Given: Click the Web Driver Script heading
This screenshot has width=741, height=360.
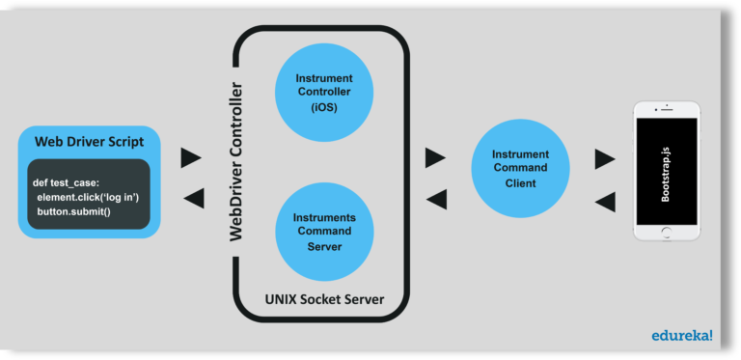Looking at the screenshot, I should [x=89, y=141].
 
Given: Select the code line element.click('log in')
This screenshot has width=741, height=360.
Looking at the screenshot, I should [x=88, y=197].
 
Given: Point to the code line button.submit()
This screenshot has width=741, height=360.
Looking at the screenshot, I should [x=74, y=210].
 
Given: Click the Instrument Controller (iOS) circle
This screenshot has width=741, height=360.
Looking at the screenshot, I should [x=323, y=92].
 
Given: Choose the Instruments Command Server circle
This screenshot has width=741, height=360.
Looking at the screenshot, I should [x=323, y=231].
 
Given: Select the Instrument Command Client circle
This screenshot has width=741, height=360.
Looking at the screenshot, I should [x=520, y=169].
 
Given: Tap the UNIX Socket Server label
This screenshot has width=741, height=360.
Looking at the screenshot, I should [x=324, y=300].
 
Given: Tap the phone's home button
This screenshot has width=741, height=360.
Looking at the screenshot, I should [x=666, y=232].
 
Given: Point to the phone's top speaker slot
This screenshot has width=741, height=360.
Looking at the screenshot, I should [x=666, y=110].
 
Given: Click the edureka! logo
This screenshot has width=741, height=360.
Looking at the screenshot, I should [x=681, y=336].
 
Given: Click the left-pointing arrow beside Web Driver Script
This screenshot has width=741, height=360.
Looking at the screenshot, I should [x=193, y=199].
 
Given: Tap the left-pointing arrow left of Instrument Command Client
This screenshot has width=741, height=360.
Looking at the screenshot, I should [x=436, y=200].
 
